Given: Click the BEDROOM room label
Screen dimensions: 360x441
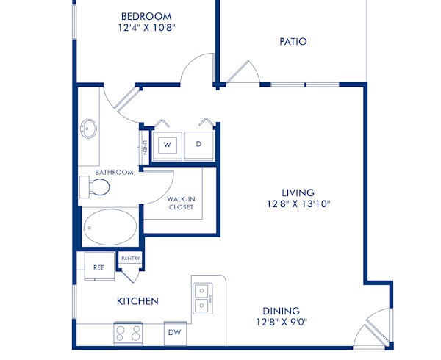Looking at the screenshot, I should (147, 16).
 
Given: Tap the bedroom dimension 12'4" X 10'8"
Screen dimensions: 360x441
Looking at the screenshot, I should (147, 29).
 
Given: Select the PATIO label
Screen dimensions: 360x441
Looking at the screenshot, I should (293, 42).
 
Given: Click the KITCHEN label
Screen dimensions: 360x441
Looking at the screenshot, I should (137, 301).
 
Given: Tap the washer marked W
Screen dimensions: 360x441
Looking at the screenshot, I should (167, 145).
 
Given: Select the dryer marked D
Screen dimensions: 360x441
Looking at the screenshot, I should (198, 145).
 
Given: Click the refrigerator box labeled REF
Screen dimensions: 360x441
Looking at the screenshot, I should (98, 267).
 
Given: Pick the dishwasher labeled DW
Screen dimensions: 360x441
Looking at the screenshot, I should (175, 333).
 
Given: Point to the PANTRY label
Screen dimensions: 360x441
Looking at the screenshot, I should (131, 259).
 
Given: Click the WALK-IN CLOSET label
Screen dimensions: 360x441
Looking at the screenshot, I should (180, 203).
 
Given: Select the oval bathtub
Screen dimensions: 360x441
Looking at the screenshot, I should (110, 228).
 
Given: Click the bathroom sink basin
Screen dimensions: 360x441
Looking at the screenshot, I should (90, 129).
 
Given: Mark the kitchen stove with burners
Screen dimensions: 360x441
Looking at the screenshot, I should (128, 334).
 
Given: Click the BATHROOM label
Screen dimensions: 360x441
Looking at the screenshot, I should (113, 173).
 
